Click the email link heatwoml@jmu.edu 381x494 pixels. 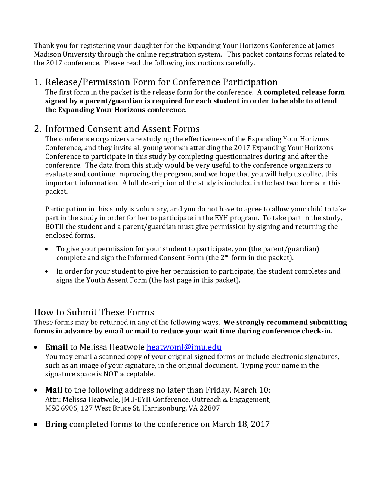pos(184,347)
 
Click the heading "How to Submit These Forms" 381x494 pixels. pos(94,312)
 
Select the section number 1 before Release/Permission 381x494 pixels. pos(37,82)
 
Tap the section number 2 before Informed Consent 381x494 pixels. pos(37,129)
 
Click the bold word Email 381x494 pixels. pos(56,347)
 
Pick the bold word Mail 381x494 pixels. pos(53,390)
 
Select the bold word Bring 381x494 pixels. pos(56,424)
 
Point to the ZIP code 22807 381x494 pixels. pos(210,408)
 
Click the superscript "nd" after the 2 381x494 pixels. pos(227,256)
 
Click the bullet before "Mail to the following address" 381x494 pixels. pos(35,390)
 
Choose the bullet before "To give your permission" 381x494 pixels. pos(47,249)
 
